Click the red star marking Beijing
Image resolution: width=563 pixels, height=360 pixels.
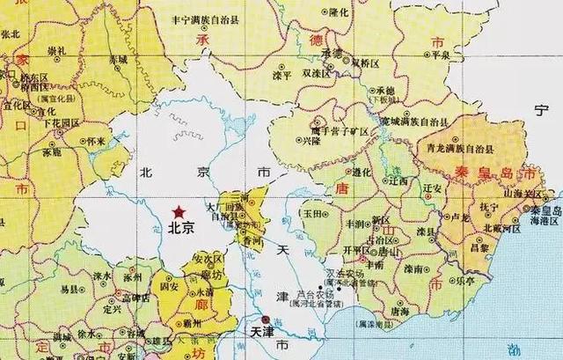pos(179,211)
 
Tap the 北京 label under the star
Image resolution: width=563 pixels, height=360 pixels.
pos(181,227)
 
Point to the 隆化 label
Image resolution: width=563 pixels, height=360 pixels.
pos(340,12)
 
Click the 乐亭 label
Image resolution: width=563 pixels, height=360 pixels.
pos(464,281)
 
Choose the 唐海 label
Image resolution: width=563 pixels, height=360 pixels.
pos(399,310)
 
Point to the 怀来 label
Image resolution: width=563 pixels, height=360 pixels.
pos(96,140)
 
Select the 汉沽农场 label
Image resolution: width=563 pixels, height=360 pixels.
pos(341,275)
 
